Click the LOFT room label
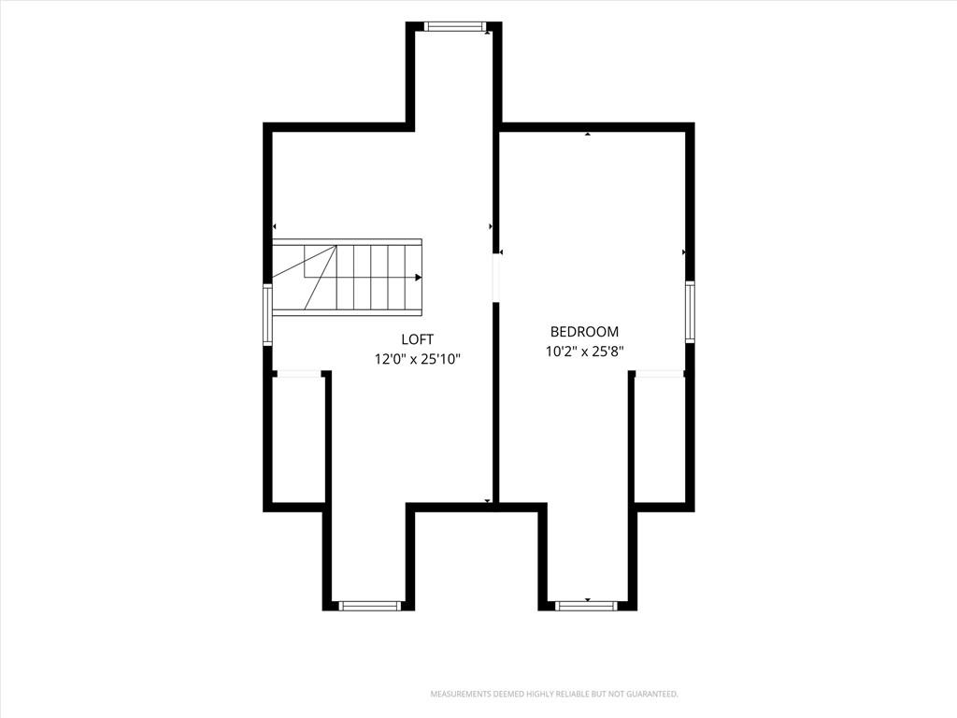click(418, 339)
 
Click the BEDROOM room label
click(584, 332)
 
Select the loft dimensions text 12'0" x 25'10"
click(418, 359)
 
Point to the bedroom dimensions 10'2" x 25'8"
click(584, 352)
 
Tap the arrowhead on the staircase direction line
click(418, 278)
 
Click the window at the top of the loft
click(455, 26)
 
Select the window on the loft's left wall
click(267, 314)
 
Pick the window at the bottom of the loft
click(369, 606)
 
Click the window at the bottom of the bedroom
click(586, 606)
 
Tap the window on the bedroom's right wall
click(690, 311)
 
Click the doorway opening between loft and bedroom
click(497, 279)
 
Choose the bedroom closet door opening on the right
click(659, 374)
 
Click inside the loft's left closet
click(298, 439)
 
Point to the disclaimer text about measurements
click(554, 695)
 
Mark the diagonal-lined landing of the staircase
click(304, 278)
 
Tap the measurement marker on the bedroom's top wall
click(587, 134)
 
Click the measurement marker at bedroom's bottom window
click(587, 599)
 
